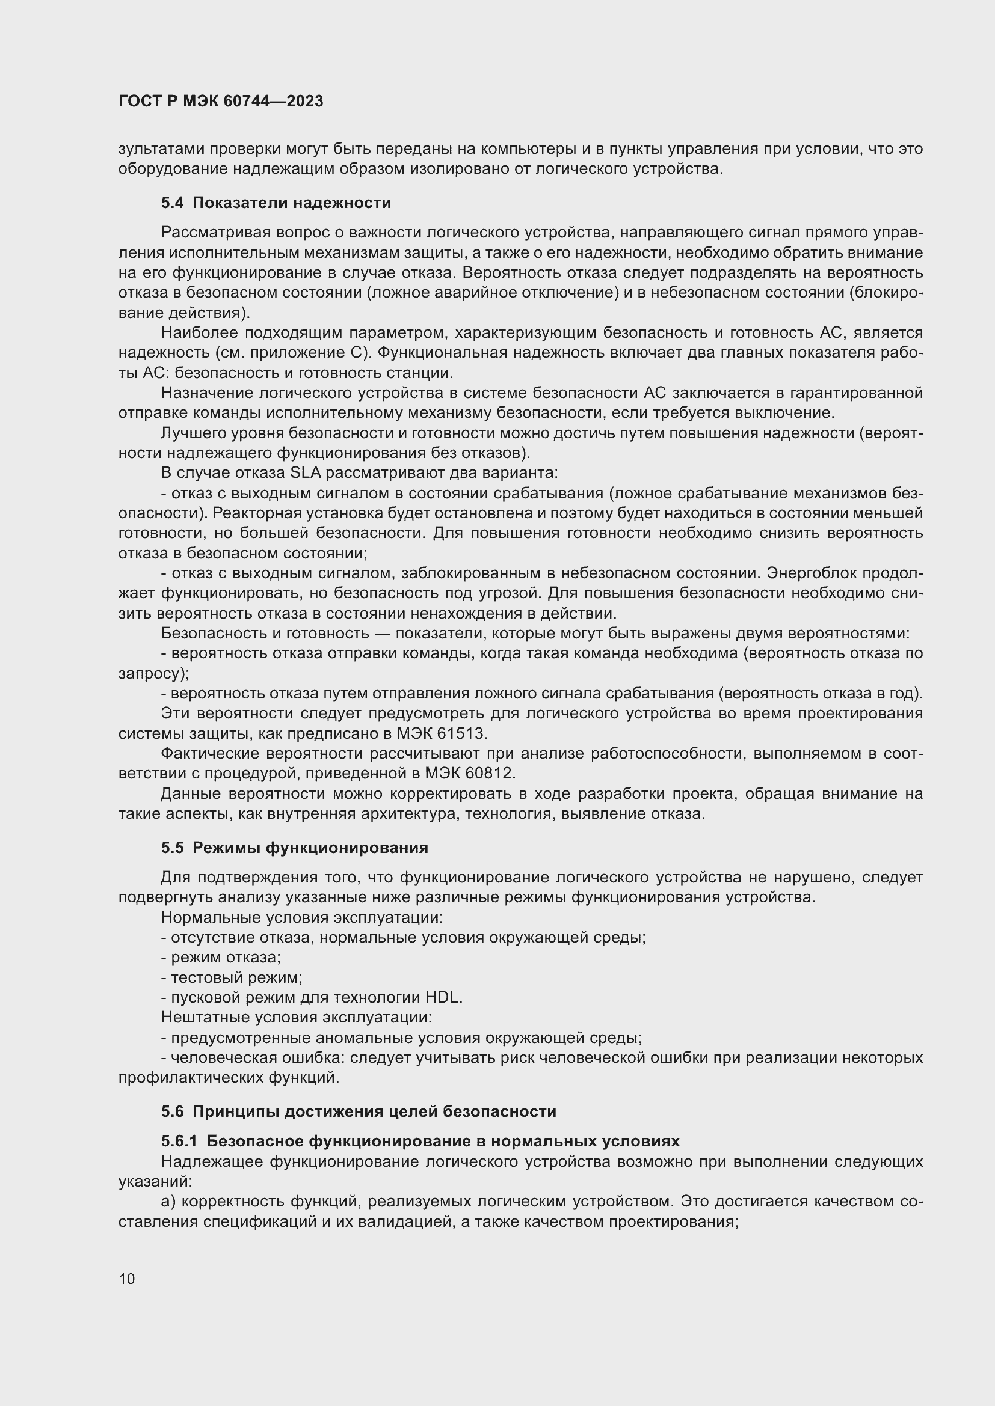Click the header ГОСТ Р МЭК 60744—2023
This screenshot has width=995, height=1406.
tap(221, 101)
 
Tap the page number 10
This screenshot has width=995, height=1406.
tap(127, 1279)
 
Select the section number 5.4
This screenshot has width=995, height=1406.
tap(172, 203)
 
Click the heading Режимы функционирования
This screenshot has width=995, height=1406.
tap(310, 848)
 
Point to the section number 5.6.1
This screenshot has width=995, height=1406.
tap(179, 1142)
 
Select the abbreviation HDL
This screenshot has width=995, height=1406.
tap(442, 998)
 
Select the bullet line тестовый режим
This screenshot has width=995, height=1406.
tap(232, 977)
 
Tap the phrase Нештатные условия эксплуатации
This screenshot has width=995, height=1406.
tap(297, 1017)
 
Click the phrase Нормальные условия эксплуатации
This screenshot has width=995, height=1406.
tap(301, 917)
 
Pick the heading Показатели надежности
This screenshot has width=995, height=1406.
tap(292, 203)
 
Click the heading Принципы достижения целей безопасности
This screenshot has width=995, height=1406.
tap(374, 1111)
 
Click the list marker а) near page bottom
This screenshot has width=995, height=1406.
tap(169, 1202)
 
